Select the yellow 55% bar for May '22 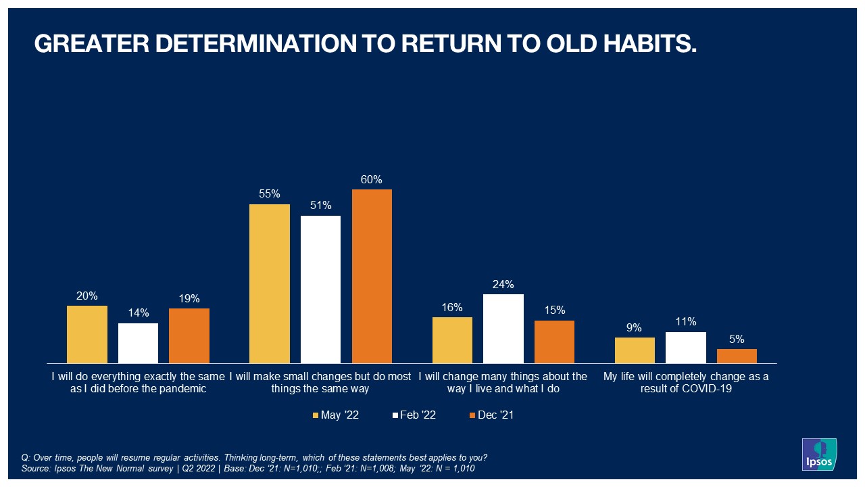(270, 283)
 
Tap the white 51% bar (320, 289)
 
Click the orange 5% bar (737, 356)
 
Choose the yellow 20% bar (87, 334)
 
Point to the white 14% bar (138, 343)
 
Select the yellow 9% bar (635, 350)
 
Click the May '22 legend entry (336, 415)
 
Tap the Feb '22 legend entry (413, 415)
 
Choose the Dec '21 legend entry (491, 415)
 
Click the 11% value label (686, 322)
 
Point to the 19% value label (189, 298)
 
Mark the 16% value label (452, 307)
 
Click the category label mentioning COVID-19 (686, 383)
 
